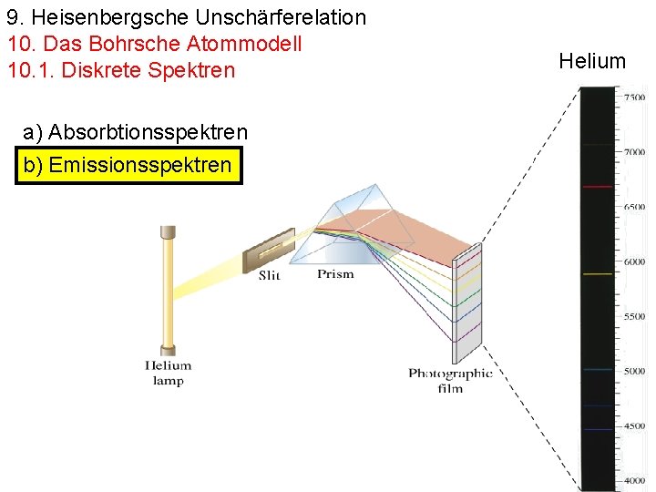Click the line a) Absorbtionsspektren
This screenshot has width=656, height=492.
coord(135,133)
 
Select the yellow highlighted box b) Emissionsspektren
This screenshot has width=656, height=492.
coord(128,165)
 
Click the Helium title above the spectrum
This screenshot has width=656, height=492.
coord(592,61)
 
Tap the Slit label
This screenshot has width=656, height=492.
coord(269,275)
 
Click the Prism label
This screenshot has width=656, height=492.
coord(335,274)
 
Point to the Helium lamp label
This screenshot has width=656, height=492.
coord(168,373)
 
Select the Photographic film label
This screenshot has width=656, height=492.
coord(450,380)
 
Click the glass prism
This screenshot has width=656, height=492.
coord(355,223)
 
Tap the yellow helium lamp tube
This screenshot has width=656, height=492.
coord(167,288)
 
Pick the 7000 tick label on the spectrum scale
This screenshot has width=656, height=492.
coord(634,152)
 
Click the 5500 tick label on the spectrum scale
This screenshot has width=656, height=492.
coord(634,316)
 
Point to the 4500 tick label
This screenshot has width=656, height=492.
coord(634,425)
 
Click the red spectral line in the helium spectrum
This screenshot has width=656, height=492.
coord(597,187)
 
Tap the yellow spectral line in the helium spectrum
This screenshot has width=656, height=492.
coord(597,273)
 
